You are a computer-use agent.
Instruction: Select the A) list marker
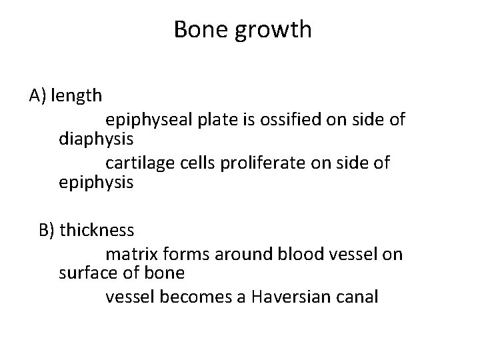(x=37, y=96)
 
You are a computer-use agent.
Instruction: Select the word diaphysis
(x=96, y=141)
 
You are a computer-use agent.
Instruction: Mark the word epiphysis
(x=96, y=183)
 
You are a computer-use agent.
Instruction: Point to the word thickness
(x=97, y=231)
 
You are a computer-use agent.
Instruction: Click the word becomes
(x=196, y=297)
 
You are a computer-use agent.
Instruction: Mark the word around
(x=234, y=255)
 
